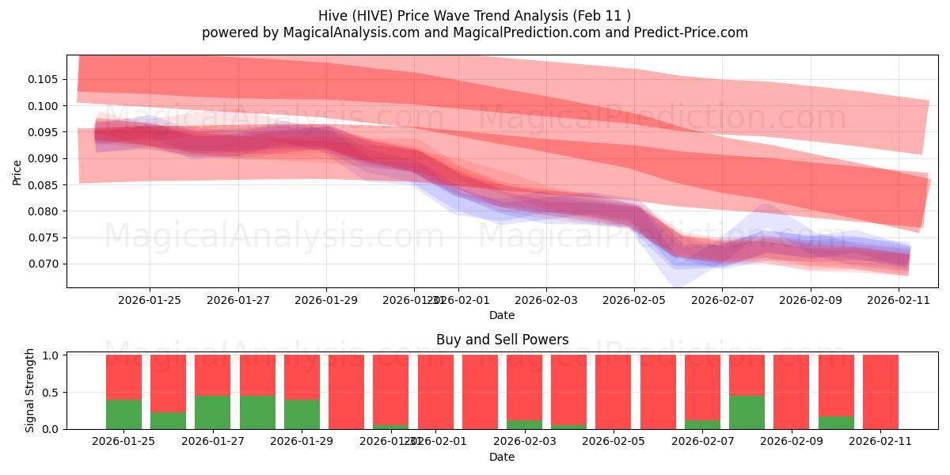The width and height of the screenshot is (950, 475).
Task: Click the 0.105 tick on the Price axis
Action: click(44, 79)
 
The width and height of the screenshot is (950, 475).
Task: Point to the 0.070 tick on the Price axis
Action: click(44, 264)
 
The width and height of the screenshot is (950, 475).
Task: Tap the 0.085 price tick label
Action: click(44, 185)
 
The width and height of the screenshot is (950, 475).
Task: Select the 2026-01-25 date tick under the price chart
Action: click(150, 300)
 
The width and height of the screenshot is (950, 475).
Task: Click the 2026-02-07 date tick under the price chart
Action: click(722, 300)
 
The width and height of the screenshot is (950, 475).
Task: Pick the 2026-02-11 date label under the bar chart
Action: click(880, 442)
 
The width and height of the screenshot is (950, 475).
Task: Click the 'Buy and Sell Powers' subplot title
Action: click(502, 340)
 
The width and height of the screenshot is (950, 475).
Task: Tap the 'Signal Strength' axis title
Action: click(30, 390)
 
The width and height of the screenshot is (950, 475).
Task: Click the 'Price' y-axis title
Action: click(17, 172)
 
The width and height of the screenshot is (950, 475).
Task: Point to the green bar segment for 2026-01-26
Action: click(168, 420)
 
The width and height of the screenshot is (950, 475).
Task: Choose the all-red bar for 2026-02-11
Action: click(880, 392)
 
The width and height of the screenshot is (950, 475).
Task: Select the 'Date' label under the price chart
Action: click(502, 315)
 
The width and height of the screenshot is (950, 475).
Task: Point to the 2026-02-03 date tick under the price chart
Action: click(545, 300)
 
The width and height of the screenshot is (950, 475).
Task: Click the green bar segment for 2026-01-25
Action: click(123, 414)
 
